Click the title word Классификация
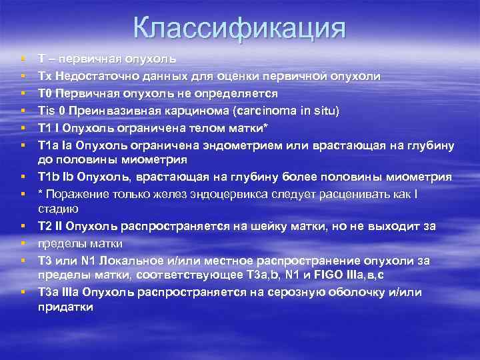click(239, 28)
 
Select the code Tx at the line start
click(45, 76)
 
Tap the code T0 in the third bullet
click(45, 93)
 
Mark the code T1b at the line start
click(49, 177)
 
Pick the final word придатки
click(65, 307)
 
